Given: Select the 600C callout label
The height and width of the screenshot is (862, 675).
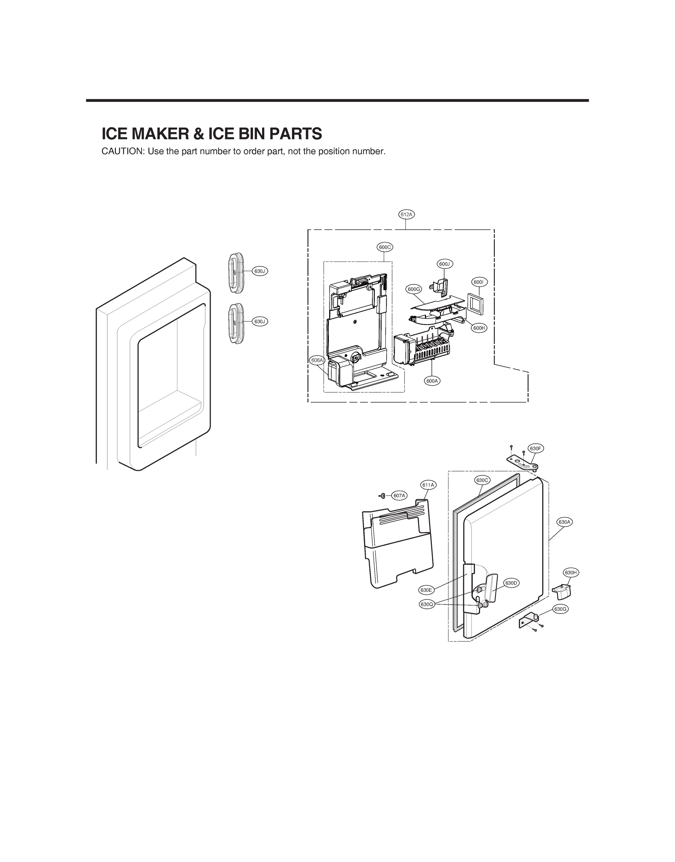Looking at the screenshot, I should click(385, 247).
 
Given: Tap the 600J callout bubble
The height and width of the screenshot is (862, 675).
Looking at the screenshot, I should click(445, 264).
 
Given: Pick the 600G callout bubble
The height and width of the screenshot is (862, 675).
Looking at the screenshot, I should click(414, 289).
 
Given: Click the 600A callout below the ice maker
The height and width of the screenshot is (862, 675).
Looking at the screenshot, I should click(433, 381).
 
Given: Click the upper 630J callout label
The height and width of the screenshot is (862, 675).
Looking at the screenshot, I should click(260, 271).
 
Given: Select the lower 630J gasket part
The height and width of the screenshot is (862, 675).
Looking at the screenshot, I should click(236, 323).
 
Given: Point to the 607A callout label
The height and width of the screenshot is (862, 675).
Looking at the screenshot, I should click(400, 496).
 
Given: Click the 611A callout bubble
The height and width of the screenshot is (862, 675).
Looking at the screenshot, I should click(428, 485).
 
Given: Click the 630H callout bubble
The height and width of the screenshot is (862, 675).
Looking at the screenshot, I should click(571, 573).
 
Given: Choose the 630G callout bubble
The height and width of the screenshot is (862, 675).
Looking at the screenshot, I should click(560, 609).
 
